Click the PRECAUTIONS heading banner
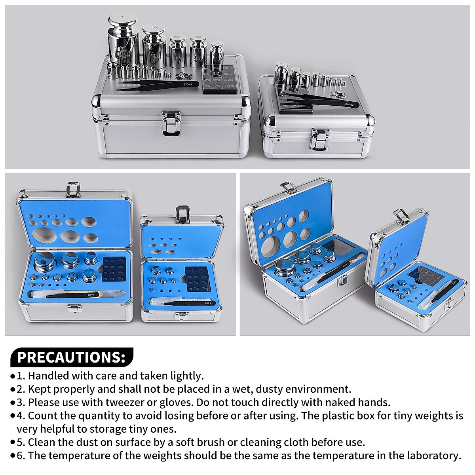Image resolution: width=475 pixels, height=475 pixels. coord(71,357)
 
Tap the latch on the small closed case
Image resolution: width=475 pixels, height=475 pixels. coord(319,139)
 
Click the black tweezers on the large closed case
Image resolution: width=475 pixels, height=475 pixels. coord(158,86)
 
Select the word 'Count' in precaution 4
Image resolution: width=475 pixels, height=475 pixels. coord(41,416)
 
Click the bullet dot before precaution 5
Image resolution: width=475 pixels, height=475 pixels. coord(13,443)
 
